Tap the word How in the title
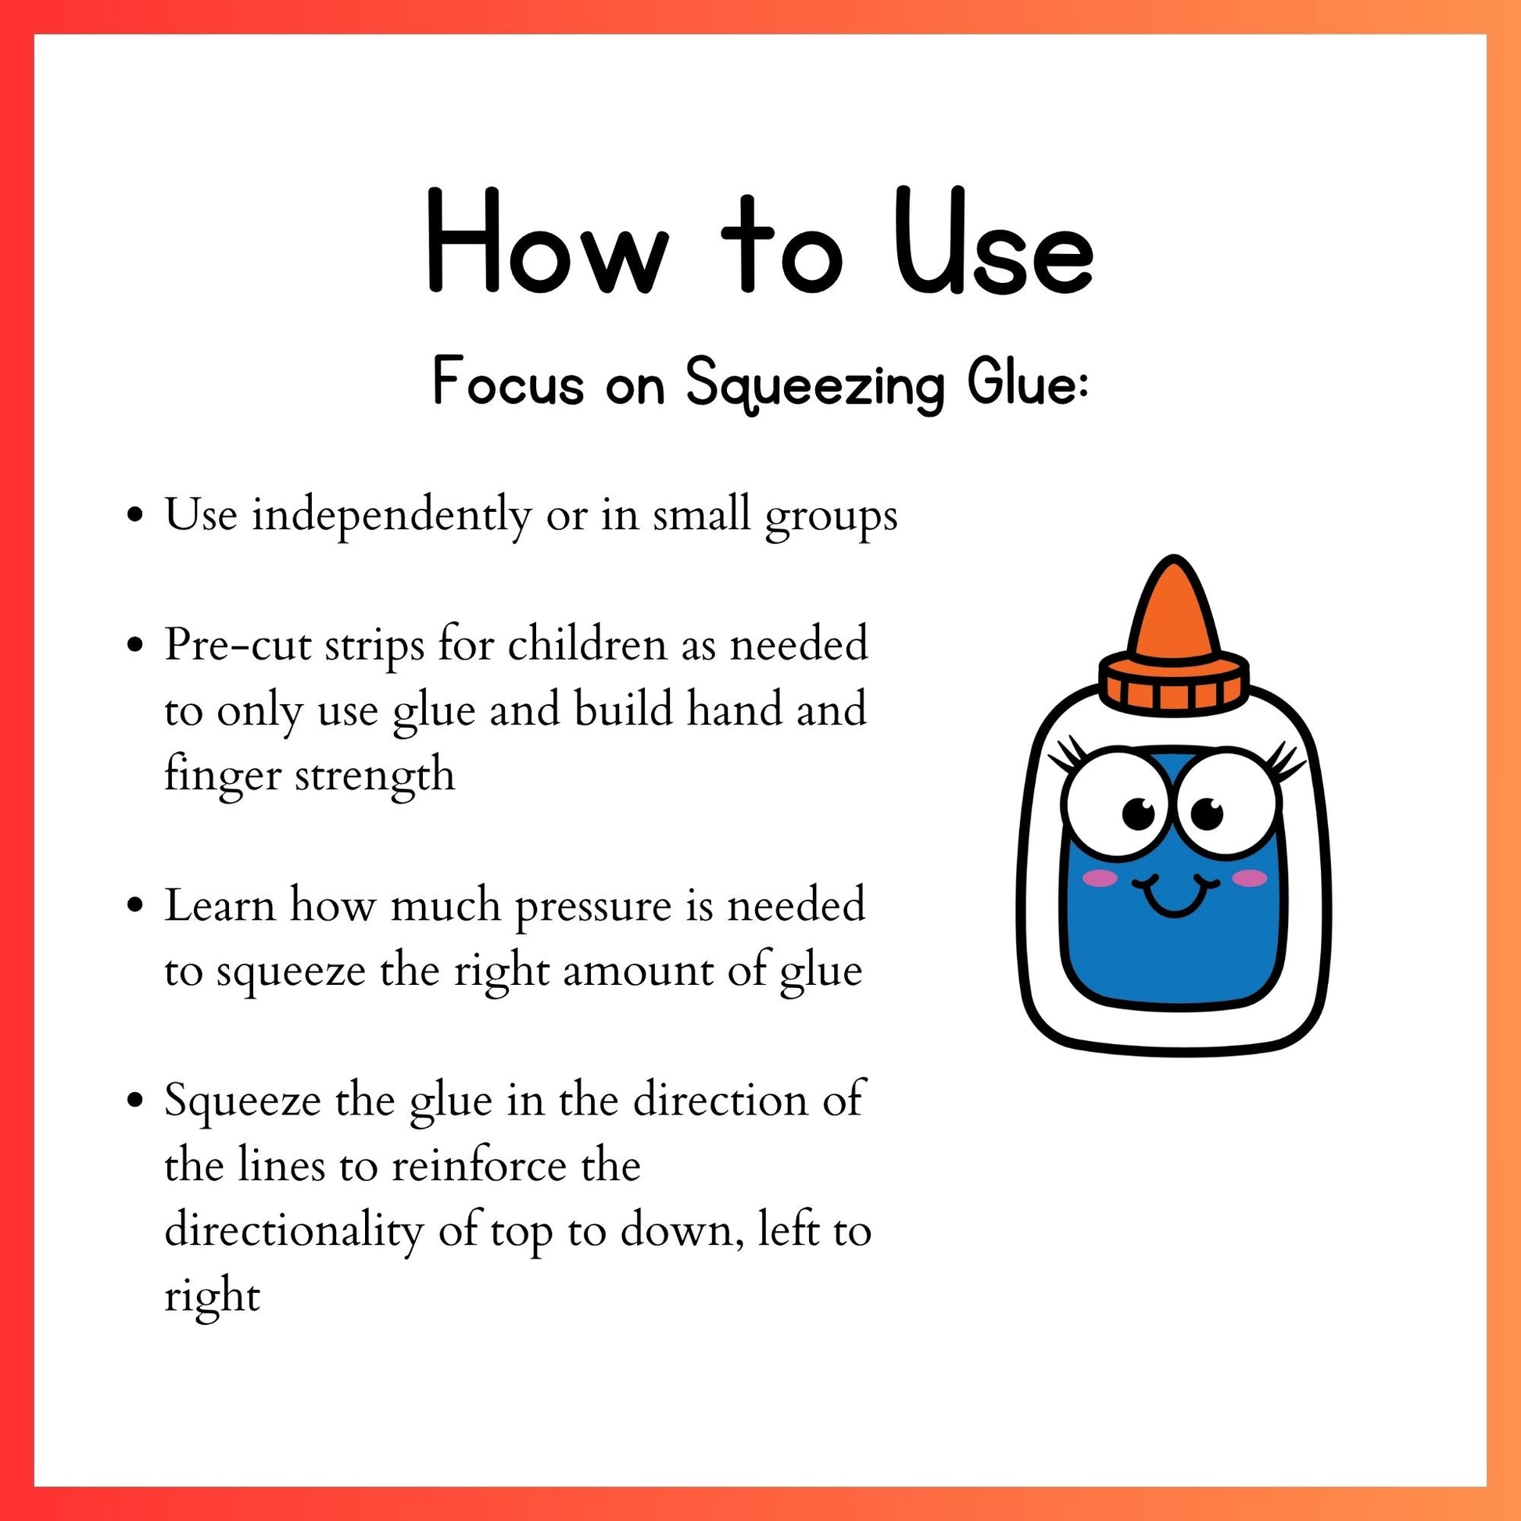[547, 241]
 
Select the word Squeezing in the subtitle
[814, 387]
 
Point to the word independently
[392, 517]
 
